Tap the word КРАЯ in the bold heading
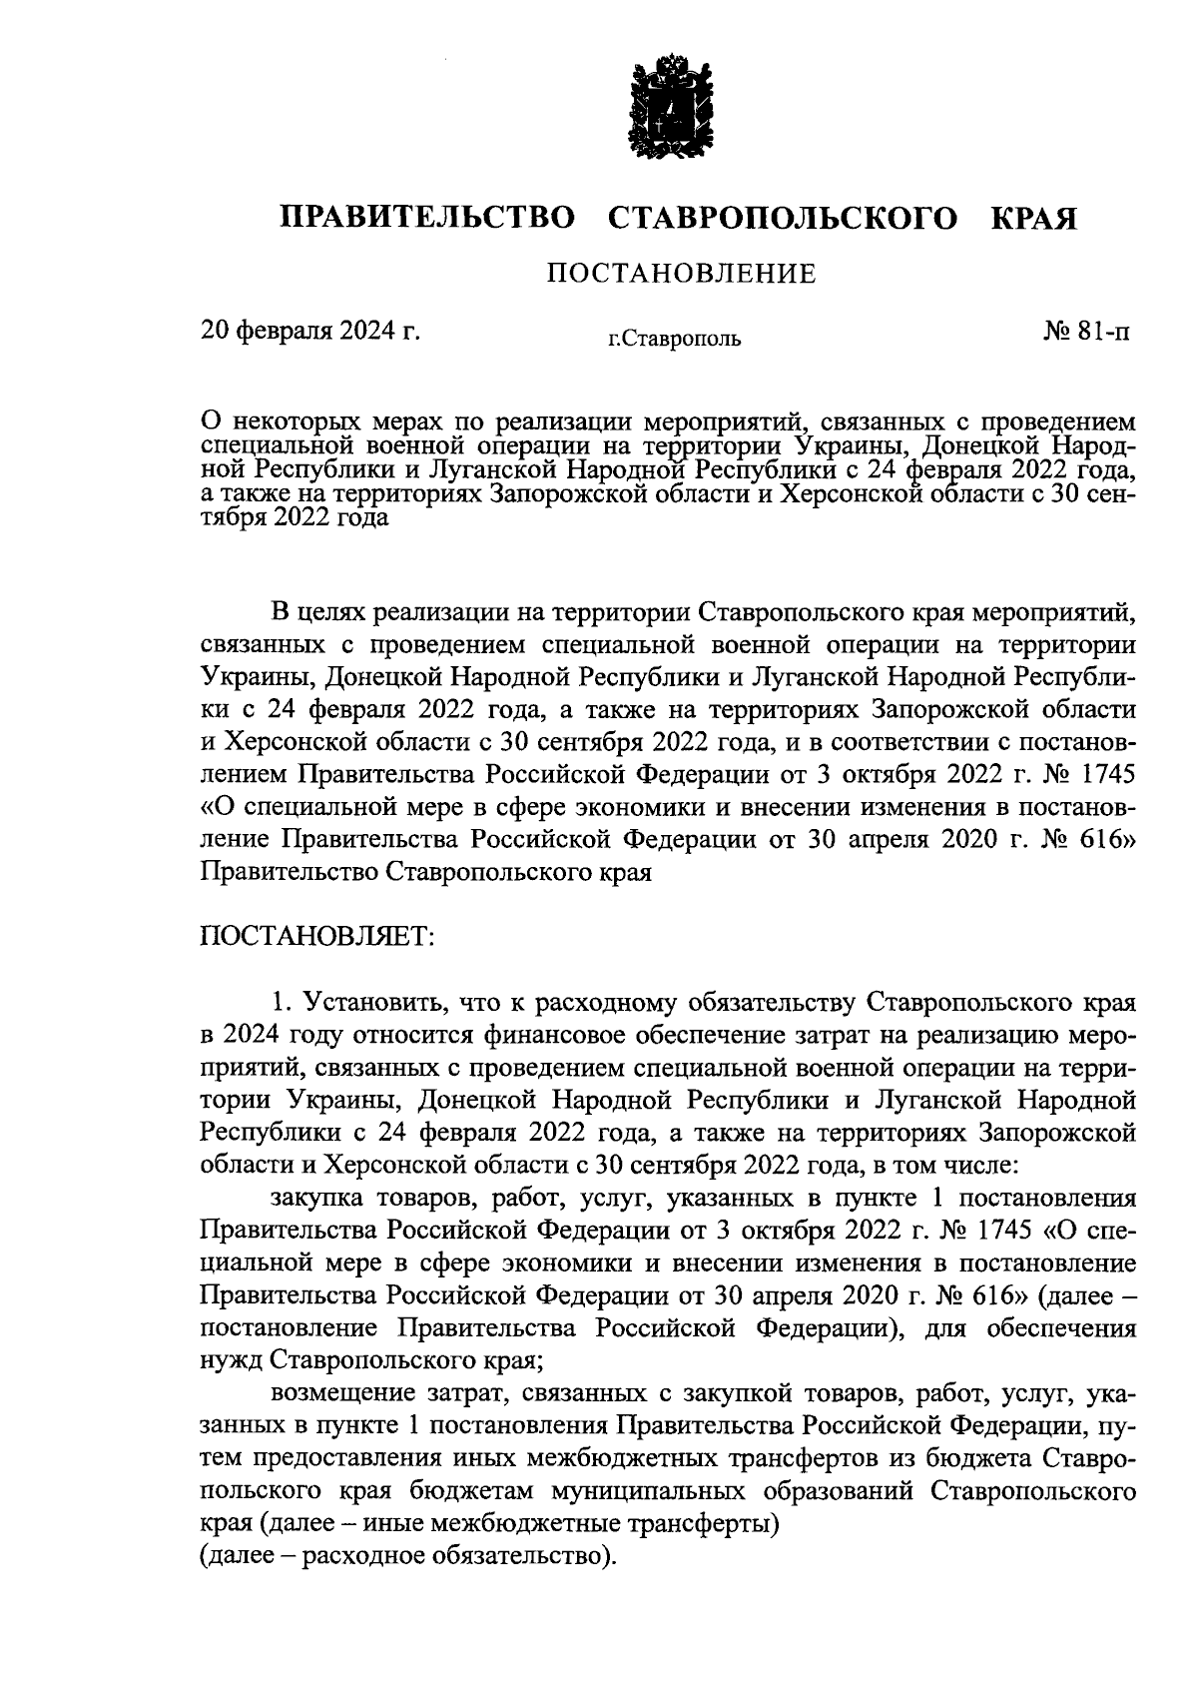[x=1032, y=218]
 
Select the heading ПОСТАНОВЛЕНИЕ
[x=680, y=273]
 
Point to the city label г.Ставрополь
[x=676, y=340]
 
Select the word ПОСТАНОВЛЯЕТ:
[x=316, y=937]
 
